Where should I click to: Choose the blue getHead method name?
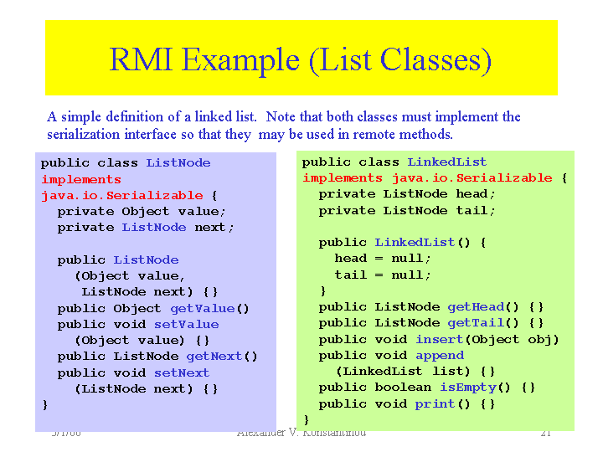[479, 307]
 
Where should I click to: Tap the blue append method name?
[440, 355]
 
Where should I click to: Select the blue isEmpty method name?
[464, 388]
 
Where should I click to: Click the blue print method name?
[435, 403]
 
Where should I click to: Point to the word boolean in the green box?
[403, 388]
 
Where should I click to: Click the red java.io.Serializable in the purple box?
[122, 195]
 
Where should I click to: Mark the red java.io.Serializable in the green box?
[472, 177]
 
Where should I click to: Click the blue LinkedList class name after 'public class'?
[447, 162]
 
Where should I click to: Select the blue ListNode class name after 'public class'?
[178, 162]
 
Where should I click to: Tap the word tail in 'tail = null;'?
[351, 275]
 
